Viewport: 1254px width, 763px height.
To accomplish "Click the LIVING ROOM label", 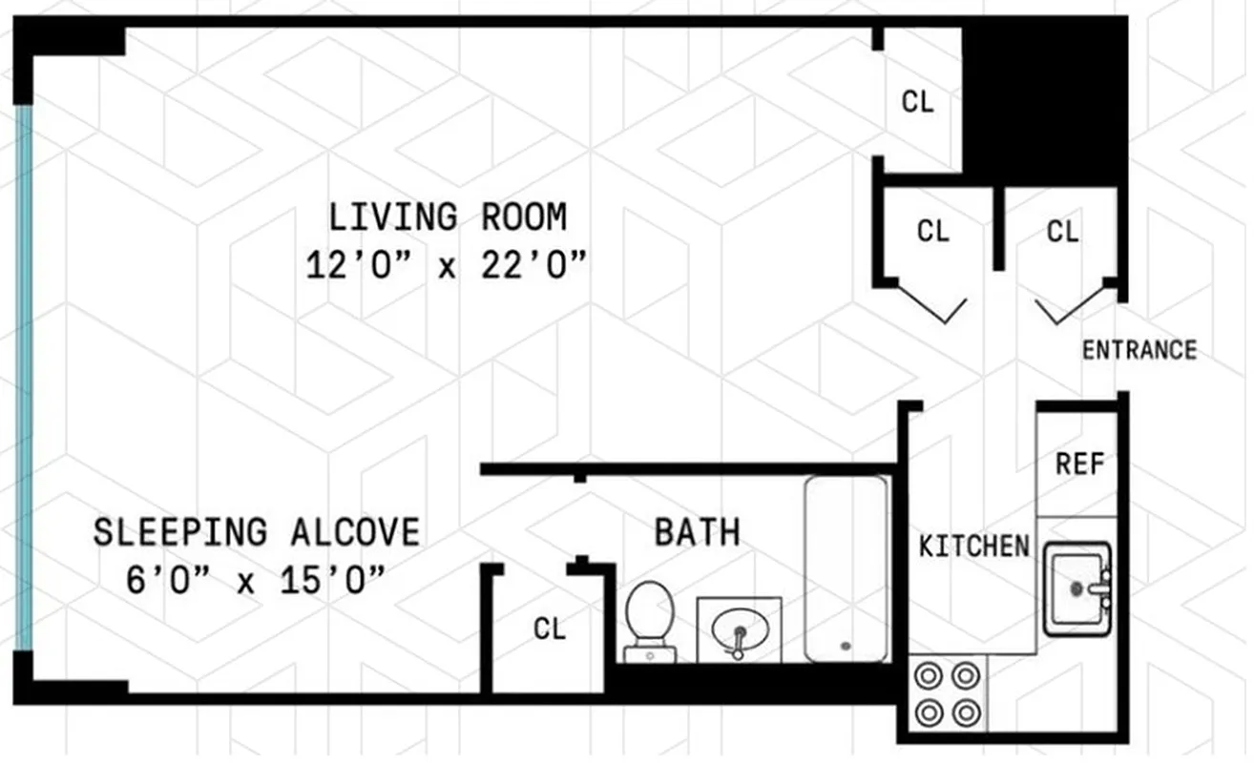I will pos(448,217).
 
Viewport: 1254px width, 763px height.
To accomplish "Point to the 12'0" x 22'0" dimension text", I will pos(446,265).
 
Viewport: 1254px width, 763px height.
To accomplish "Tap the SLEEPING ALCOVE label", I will pos(256,532).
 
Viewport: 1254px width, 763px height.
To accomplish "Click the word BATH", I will pos(697,532).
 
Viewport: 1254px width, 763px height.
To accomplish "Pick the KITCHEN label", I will pos(973,546).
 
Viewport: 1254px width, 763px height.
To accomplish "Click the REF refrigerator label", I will pos(1079,464).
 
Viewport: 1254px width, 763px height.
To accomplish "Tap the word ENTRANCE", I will pos(1139,350).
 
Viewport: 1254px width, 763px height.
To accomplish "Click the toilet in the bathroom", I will pos(649,620).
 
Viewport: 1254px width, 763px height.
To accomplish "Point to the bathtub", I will pos(846,567).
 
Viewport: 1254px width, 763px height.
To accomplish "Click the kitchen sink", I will pos(1077,588).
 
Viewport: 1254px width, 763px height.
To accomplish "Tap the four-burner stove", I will pos(946,694).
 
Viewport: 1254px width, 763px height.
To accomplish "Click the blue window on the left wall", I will pos(24,377).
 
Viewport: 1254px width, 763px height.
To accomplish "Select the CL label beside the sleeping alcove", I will pos(550,629).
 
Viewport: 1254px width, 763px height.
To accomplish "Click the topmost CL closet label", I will pos(917,102).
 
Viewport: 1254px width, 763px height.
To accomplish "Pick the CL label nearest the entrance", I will pos(1062,232).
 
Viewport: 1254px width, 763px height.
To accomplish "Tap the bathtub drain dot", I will pos(846,646).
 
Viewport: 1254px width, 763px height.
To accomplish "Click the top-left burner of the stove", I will pos(927,675).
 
